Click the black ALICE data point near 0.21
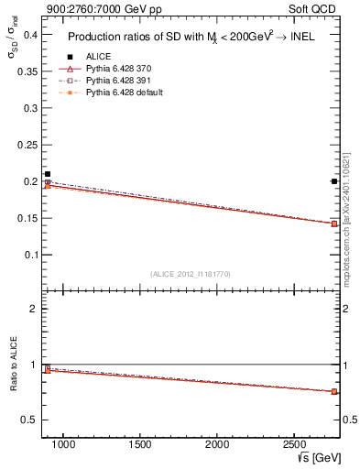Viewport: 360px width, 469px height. (48, 174)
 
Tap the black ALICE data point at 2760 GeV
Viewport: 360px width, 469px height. (334, 181)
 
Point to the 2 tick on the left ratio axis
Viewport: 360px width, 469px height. (33, 310)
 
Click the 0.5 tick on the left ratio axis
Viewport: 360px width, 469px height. (27, 420)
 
